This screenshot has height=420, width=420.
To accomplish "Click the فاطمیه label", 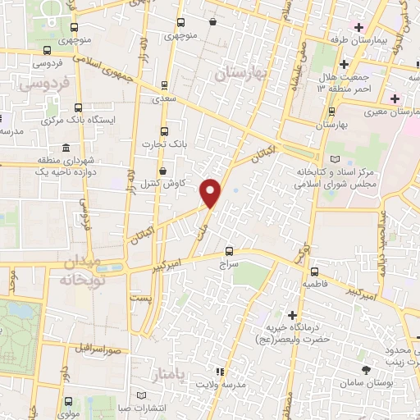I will pos(317,284).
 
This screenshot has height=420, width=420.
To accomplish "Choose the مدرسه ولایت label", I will pos(219,385).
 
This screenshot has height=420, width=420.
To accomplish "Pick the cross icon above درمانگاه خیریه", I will pos(293,315).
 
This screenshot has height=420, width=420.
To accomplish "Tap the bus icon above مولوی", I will pos(67,401).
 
